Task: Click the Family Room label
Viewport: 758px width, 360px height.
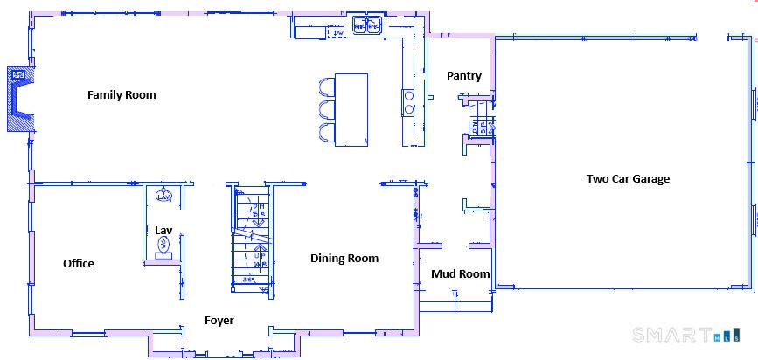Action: point(122,94)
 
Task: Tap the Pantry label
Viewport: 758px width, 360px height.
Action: point(463,76)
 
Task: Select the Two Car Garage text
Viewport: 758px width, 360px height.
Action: point(628,179)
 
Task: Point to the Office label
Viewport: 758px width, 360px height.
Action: point(79,263)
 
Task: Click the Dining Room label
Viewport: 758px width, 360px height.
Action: point(344,258)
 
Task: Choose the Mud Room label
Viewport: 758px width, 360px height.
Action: point(460,274)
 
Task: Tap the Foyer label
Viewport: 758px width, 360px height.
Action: point(219,321)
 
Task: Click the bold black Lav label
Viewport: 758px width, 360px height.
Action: point(163,231)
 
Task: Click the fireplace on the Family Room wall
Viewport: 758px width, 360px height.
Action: point(18,99)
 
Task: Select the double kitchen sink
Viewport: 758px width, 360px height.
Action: point(367,26)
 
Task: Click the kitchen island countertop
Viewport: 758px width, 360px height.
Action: point(352,108)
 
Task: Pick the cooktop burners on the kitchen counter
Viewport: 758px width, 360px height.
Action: point(408,102)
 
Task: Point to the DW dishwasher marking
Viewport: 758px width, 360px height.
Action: point(339,33)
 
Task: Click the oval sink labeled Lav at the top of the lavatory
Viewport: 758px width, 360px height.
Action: point(163,196)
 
